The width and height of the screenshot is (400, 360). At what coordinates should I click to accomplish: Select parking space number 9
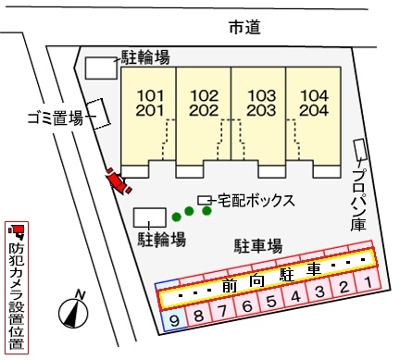(x=172, y=319)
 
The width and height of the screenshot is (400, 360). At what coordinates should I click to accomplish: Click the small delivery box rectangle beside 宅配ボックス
(x=204, y=199)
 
